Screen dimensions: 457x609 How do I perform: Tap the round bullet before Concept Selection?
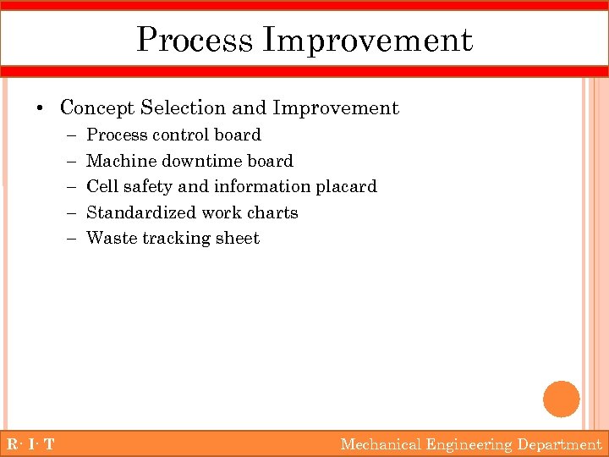click(40, 108)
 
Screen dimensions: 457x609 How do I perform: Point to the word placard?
click(346, 186)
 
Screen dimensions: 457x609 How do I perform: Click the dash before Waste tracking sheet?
click(69, 239)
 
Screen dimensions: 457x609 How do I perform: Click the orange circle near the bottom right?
click(561, 399)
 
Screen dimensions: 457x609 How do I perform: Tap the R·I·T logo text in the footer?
click(30, 444)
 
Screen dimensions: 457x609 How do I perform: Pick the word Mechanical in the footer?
click(381, 444)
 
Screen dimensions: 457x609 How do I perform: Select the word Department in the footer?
click(559, 444)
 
